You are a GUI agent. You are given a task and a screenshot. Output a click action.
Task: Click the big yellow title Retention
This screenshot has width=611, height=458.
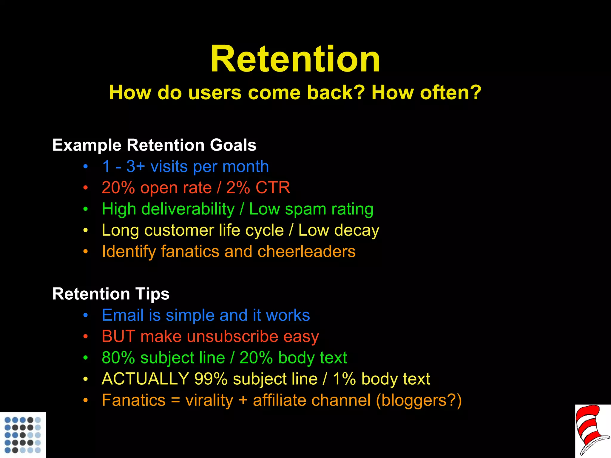click(x=295, y=59)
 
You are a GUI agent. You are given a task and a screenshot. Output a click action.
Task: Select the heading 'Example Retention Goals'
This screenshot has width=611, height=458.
click(x=154, y=145)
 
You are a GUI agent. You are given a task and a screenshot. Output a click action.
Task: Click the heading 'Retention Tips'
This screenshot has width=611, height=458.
click(x=111, y=294)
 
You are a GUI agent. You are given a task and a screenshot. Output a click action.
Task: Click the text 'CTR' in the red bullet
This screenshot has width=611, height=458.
click(x=273, y=188)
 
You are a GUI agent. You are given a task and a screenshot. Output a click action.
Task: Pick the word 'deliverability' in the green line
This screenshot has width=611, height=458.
click(x=188, y=209)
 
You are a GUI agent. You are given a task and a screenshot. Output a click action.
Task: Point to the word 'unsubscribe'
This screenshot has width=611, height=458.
click(x=232, y=337)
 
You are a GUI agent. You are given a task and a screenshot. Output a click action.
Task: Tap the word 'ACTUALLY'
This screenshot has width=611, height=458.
click(x=145, y=379)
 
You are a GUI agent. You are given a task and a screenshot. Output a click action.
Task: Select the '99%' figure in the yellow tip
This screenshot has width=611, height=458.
click(x=211, y=379)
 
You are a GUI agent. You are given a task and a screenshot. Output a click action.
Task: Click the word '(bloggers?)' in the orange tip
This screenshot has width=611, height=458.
click(x=419, y=400)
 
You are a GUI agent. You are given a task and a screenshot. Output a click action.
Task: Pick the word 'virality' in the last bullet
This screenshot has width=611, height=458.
click(x=209, y=400)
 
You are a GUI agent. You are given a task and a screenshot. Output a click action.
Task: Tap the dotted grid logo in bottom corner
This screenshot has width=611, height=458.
click(x=23, y=435)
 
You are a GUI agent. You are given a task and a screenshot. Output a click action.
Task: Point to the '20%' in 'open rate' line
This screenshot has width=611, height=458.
click(x=118, y=188)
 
